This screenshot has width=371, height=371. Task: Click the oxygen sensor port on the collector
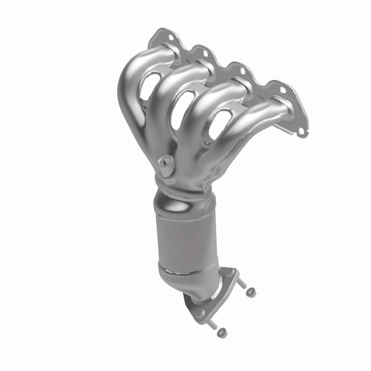point(164,162)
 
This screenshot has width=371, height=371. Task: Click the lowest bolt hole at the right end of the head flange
point(302,132)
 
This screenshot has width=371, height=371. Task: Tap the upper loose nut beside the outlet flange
point(251,292)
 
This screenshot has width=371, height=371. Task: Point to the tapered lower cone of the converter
point(190,283)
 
